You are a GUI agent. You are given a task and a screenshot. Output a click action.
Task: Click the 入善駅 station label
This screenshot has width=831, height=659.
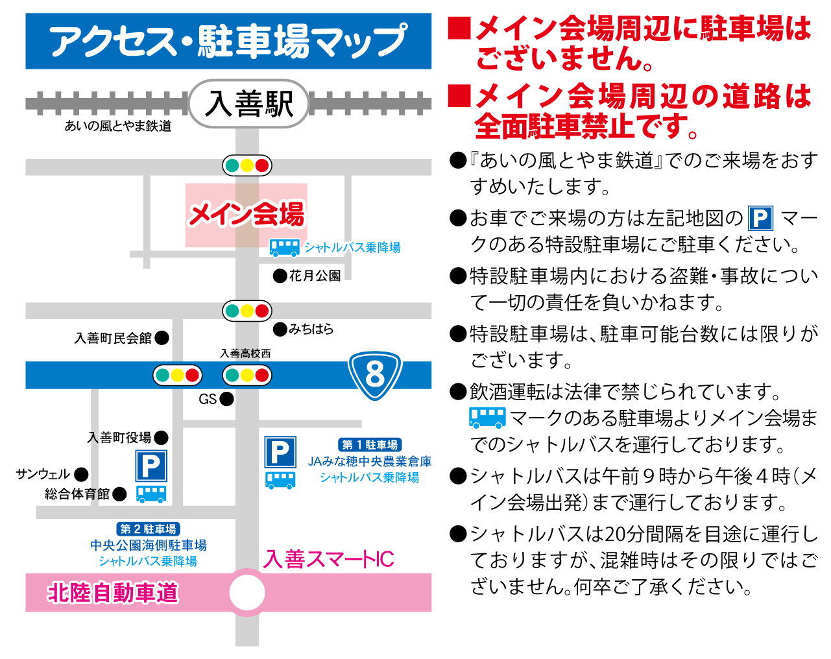point(248,104)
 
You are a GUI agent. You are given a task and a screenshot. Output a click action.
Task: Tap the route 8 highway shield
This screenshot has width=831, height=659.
point(375,375)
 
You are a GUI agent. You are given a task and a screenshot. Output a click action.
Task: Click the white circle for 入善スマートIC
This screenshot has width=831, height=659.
point(247,592)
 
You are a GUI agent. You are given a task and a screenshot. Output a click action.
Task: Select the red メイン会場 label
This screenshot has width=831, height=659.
point(247,214)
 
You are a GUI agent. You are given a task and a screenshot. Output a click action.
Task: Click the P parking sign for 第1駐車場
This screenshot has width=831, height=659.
point(280,452)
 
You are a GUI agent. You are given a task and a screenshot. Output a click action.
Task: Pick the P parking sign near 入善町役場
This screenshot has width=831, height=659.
point(151,466)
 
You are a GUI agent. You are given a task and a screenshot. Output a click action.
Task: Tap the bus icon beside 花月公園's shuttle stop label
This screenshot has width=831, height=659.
point(285,248)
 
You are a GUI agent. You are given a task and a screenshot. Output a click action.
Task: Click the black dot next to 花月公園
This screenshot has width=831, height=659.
point(280,276)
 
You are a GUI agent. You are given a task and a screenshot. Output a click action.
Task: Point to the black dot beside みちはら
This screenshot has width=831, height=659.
point(280,329)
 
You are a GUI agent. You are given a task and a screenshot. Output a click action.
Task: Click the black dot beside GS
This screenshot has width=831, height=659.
point(226,399)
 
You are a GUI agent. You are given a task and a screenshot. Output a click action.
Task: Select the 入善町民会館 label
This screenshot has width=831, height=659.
point(113,338)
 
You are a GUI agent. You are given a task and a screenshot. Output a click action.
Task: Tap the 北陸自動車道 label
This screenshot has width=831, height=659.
point(113,593)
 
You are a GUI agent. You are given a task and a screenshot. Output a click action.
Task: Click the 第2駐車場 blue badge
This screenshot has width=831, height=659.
point(149,529)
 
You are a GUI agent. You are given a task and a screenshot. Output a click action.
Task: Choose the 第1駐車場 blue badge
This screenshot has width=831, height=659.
point(370,445)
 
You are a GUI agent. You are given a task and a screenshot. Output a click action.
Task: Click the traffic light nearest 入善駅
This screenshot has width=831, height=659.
point(247,165)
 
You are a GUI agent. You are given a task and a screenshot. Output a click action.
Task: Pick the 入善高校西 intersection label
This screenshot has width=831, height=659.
point(245,353)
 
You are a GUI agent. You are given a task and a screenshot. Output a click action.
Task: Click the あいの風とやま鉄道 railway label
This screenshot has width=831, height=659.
point(118,126)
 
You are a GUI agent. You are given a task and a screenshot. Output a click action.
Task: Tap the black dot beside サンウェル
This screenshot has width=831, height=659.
point(81,474)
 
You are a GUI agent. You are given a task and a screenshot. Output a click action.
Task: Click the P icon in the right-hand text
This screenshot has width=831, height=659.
point(761,218)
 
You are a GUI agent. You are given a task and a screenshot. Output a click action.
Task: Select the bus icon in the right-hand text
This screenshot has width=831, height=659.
point(487,418)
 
